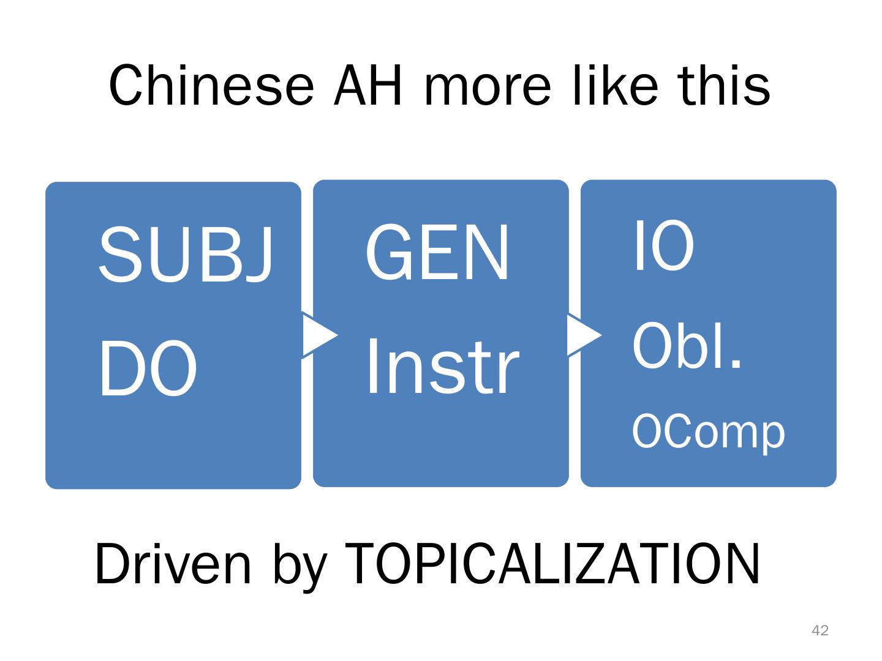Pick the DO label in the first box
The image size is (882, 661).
(x=148, y=370)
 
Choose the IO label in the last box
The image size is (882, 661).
(x=663, y=246)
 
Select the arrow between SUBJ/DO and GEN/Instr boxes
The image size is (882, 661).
(x=319, y=335)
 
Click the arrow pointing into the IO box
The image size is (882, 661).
(x=584, y=335)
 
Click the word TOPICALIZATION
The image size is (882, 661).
(x=552, y=564)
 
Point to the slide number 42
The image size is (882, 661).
(x=820, y=630)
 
